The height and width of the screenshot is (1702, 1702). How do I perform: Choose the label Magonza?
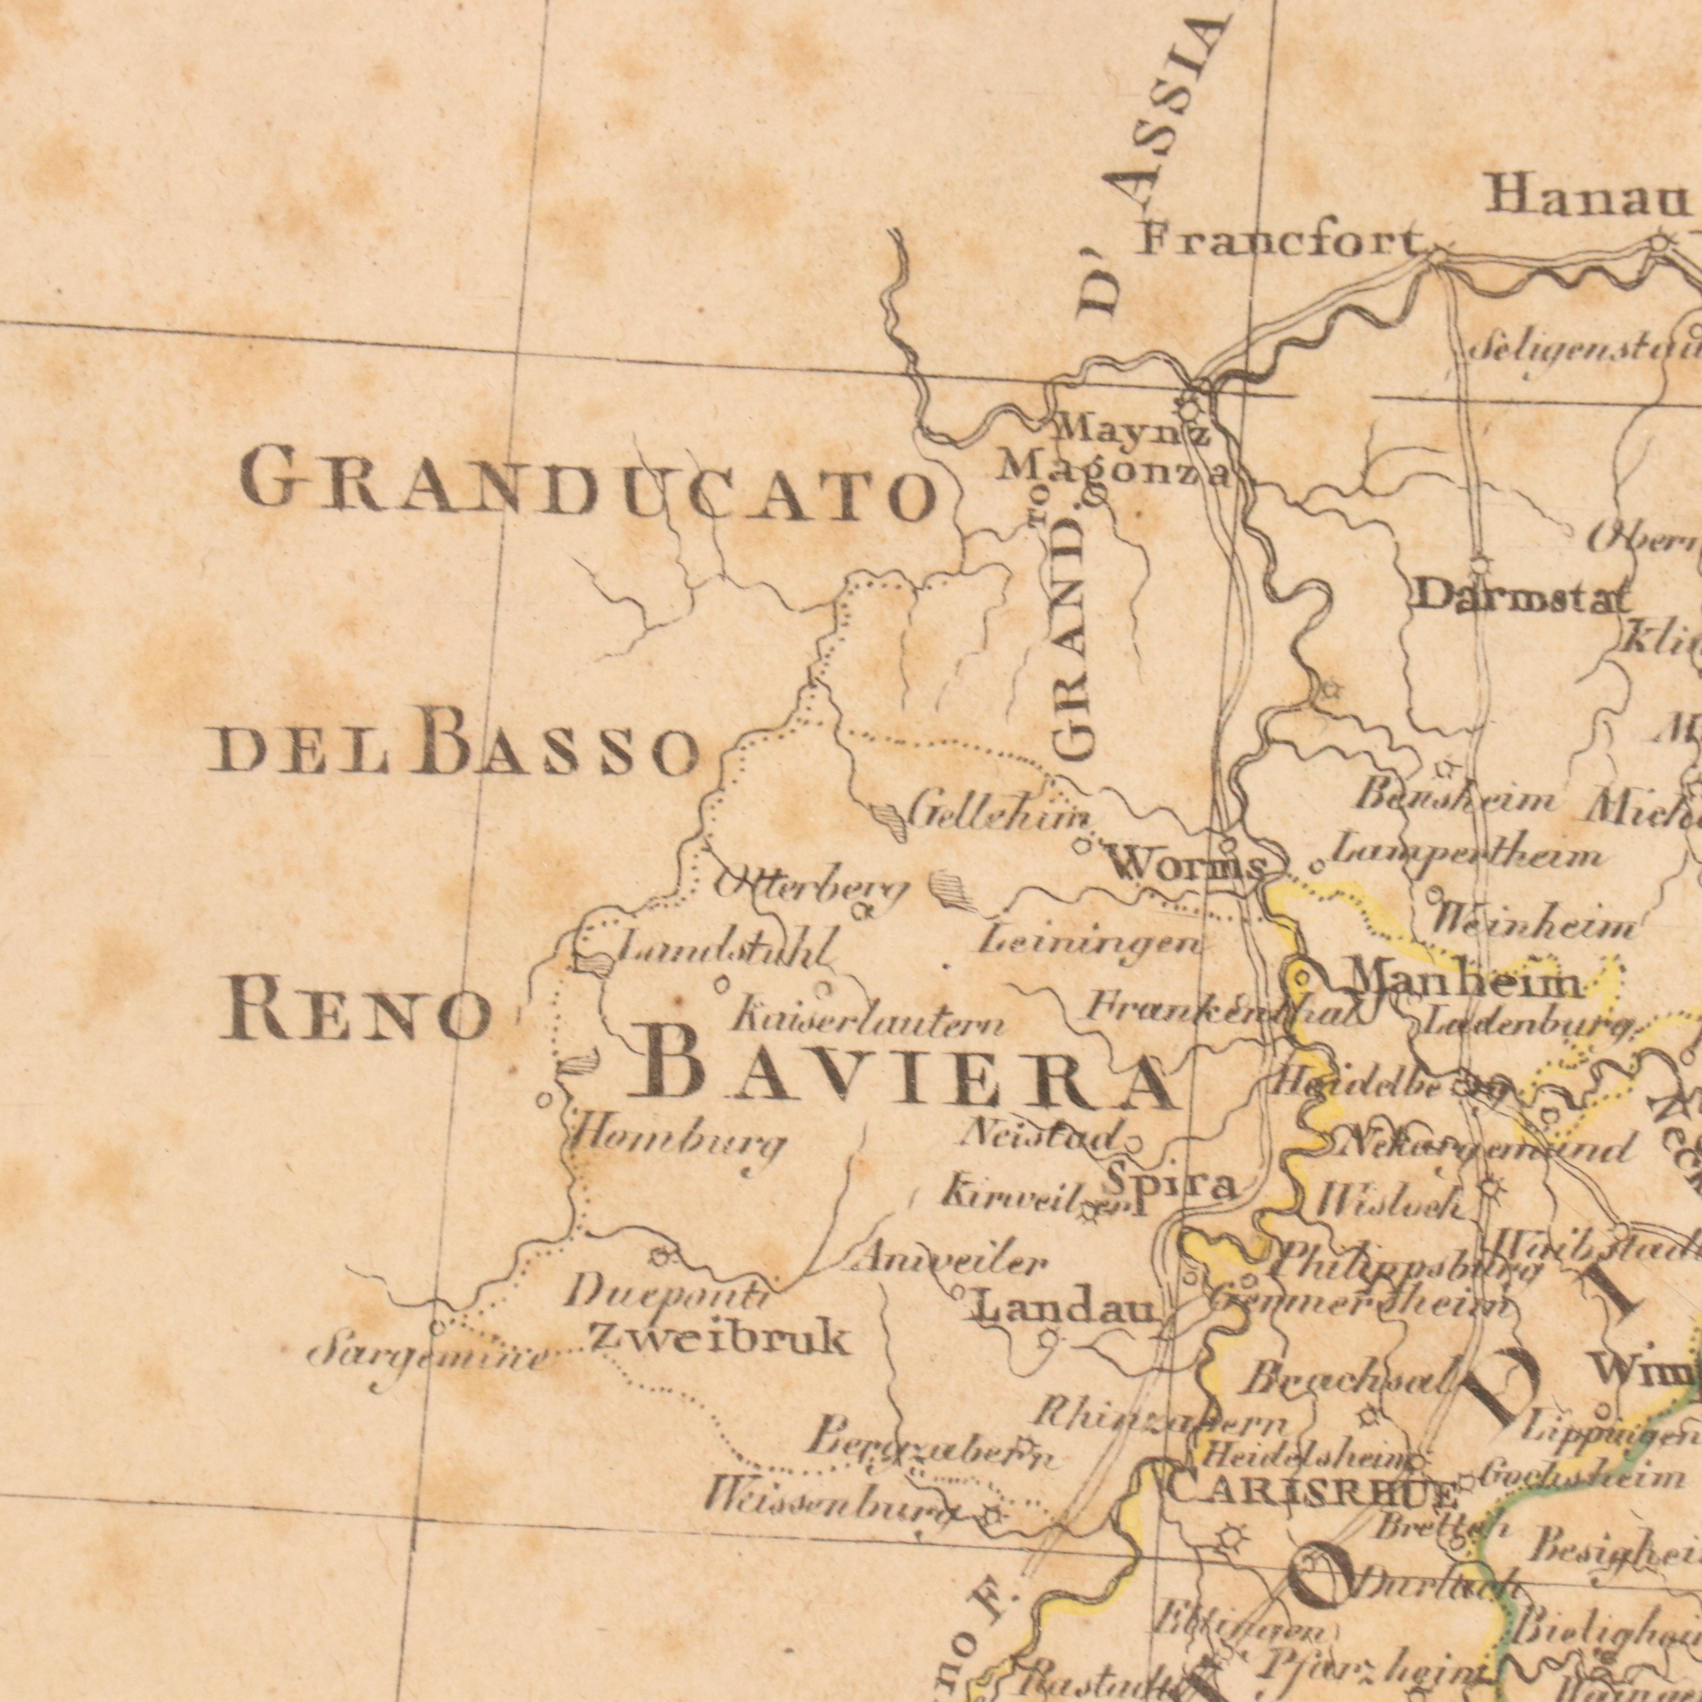click(1112, 472)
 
